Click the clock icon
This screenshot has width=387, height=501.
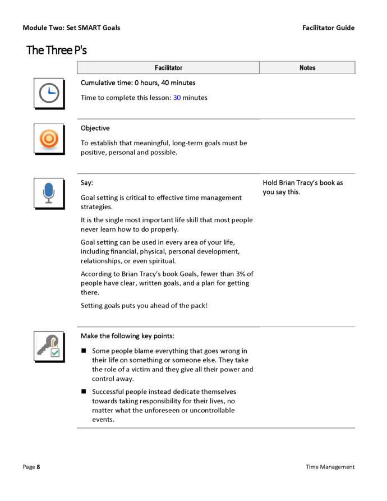click(49, 93)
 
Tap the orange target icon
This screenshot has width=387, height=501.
click(49, 138)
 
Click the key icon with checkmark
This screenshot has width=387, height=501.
click(49, 346)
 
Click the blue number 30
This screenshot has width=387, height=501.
click(177, 98)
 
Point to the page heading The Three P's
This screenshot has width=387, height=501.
click(57, 50)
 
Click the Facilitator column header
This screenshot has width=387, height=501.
click(168, 68)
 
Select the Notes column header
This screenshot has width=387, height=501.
click(307, 68)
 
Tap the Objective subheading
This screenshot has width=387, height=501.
click(95, 128)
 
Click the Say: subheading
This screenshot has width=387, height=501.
click(87, 183)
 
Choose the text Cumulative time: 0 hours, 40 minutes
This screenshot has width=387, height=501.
click(138, 82)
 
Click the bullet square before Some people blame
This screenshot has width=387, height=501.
click(84, 351)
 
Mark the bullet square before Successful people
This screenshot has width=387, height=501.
click(84, 392)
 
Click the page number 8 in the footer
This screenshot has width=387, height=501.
click(38, 467)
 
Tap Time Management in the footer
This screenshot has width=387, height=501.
click(330, 467)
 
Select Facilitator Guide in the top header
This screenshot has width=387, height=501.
click(328, 27)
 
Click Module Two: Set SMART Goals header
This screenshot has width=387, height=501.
click(71, 27)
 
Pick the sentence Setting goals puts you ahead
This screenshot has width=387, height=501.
click(144, 305)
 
